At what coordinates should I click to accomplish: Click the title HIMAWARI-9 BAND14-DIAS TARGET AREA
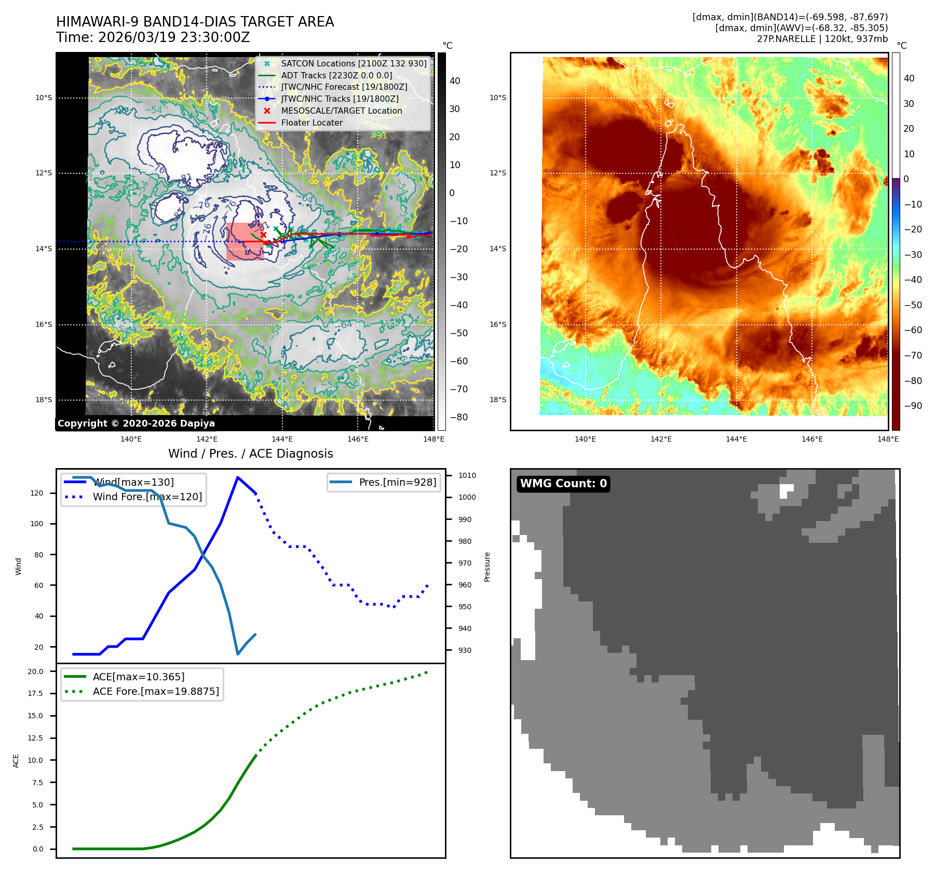pos(195,22)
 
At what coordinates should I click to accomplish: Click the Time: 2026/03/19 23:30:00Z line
pos(153,38)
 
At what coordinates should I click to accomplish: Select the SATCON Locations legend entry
pos(353,63)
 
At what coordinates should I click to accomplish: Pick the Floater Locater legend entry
pos(311,123)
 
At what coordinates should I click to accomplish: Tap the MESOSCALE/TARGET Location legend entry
pos(341,111)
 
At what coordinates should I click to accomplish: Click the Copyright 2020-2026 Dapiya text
pos(136,423)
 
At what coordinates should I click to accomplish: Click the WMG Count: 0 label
pos(563,484)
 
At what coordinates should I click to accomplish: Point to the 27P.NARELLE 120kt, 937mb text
pos(822,39)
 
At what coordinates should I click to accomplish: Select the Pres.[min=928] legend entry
pos(397,482)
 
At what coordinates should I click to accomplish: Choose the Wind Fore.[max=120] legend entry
pos(147,497)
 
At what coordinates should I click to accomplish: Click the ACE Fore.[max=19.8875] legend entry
pos(156,692)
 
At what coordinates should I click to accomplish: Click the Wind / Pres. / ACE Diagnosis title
pos(250,454)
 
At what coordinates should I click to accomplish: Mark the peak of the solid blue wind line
pos(238,477)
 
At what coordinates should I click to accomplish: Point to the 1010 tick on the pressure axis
pos(467,475)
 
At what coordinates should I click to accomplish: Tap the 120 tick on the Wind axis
pos(37,493)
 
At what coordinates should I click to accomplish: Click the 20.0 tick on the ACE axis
pos(35,672)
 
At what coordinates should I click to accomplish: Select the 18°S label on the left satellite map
pos(44,400)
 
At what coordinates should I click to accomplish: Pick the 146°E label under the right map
pos(812,439)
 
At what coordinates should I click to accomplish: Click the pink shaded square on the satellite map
pos(245,241)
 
